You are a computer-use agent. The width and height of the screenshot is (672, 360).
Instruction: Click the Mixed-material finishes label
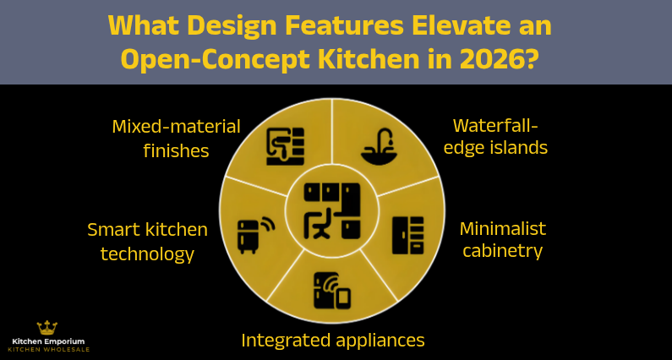coord(176,138)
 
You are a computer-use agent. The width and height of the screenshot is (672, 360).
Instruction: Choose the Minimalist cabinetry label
coord(502,239)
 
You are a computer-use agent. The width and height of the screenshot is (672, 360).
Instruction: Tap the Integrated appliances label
coord(332,340)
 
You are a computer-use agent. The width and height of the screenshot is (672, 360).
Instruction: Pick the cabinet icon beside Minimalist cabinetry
coord(407,236)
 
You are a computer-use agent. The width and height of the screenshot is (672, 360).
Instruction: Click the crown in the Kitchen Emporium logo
coord(47,327)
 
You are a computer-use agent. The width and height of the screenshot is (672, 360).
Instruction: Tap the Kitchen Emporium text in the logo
coord(46,341)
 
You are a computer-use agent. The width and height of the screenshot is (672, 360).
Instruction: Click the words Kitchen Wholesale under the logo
coord(46,349)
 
